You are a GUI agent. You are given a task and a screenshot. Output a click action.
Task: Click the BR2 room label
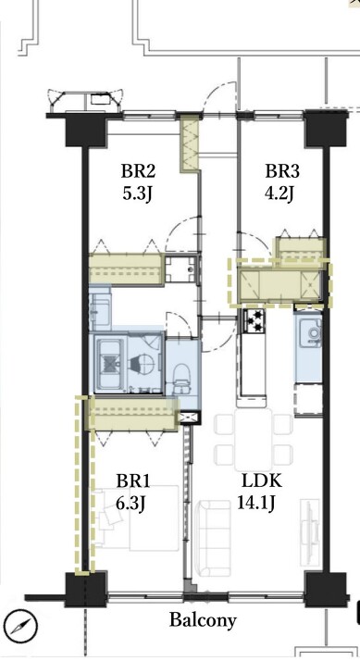(138, 172)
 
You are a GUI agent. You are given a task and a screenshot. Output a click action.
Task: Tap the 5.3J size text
(136, 194)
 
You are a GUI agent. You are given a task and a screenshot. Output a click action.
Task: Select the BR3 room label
(282, 172)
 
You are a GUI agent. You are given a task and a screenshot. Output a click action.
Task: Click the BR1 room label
(133, 481)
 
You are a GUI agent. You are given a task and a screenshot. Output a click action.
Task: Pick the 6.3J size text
(130, 504)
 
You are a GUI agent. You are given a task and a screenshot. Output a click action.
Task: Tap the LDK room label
(262, 481)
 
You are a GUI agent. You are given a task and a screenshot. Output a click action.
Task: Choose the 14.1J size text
(255, 504)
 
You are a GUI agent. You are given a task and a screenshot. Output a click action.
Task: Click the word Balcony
(203, 620)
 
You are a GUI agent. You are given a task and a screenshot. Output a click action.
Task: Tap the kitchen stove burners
(254, 321)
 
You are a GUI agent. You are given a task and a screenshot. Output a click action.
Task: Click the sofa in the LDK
(215, 538)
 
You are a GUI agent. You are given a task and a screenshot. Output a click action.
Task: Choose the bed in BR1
(138, 518)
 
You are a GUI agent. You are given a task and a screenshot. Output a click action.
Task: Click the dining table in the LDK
(254, 439)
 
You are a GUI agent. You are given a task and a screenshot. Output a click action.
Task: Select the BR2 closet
(126, 269)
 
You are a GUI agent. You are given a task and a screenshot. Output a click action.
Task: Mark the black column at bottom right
(326, 590)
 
